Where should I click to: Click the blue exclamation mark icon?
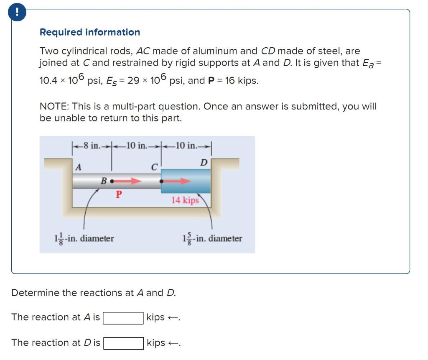(x=17, y=13)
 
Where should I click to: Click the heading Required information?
(x=90, y=32)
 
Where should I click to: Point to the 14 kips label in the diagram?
(x=185, y=200)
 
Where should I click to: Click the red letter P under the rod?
(x=119, y=194)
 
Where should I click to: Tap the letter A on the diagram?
(x=78, y=167)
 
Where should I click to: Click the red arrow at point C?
(x=178, y=181)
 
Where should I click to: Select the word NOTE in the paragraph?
(x=51, y=107)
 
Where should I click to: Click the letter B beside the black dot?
(x=103, y=181)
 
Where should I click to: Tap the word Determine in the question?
(x=35, y=293)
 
